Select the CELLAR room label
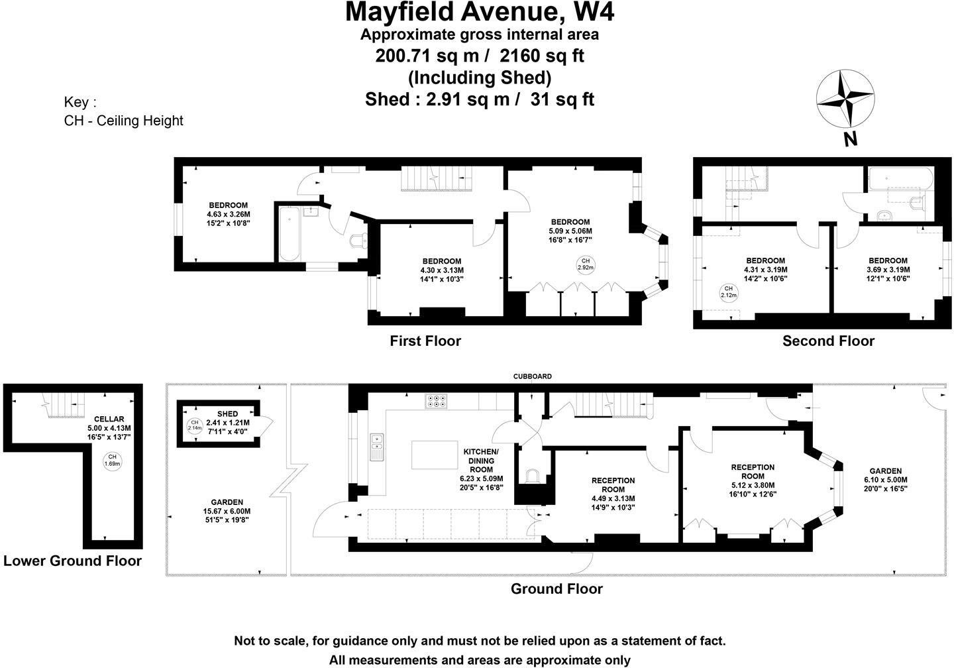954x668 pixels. click(x=109, y=419)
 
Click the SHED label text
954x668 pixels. click(x=227, y=414)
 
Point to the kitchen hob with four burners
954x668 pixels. click(x=436, y=400)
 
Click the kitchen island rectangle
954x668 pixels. click(x=435, y=455)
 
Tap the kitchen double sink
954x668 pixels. click(x=377, y=447)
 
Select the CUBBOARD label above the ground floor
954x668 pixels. click(x=532, y=376)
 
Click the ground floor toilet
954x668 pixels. click(x=531, y=476)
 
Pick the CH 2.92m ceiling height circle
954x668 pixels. click(x=585, y=264)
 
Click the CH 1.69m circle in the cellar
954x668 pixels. click(x=112, y=461)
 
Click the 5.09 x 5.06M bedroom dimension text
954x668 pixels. click(x=570, y=231)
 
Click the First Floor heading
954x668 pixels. click(x=425, y=341)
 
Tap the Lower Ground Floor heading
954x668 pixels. click(x=72, y=561)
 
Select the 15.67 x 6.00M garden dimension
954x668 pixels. click(x=227, y=511)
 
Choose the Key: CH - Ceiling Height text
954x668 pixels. click(x=123, y=111)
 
